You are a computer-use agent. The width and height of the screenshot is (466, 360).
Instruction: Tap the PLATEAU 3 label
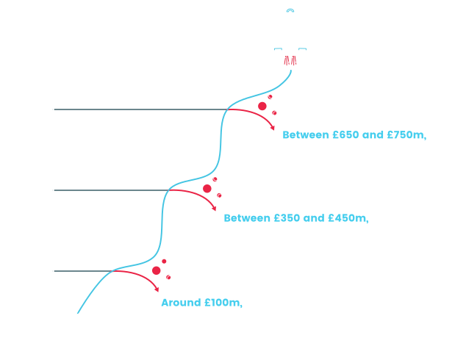click(x=73, y=103)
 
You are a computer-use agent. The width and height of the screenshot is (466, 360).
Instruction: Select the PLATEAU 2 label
click(x=73, y=184)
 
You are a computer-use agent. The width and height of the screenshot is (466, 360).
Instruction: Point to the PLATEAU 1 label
click(x=72, y=266)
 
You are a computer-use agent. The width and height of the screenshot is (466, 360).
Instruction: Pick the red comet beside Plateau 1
click(x=158, y=271)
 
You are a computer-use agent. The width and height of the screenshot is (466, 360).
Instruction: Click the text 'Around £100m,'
click(x=201, y=303)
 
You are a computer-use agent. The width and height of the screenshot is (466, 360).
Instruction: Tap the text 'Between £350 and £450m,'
click(x=295, y=218)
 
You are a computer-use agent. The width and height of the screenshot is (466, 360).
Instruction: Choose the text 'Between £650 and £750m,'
click(x=354, y=134)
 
